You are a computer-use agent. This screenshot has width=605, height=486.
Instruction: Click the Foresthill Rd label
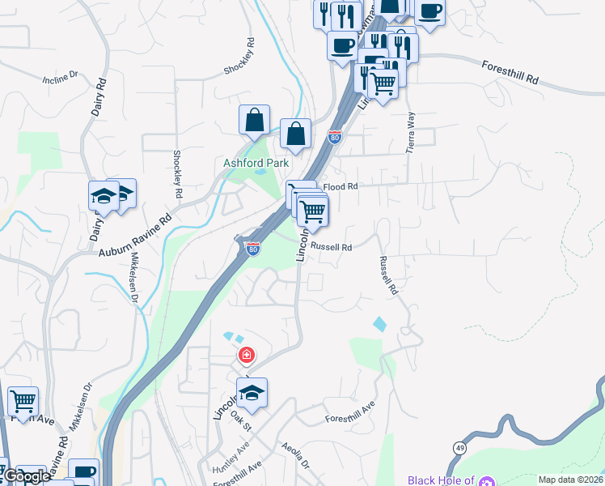point(510,72)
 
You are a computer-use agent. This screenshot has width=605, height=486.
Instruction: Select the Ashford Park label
point(256,163)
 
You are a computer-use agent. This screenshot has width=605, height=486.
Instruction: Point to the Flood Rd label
point(341,187)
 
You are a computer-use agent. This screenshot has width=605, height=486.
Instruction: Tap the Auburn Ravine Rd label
point(137,237)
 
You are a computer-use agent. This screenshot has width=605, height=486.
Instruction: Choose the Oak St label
point(241,421)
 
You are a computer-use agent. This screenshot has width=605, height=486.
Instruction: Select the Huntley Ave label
point(231,463)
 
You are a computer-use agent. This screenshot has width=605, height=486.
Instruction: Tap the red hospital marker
point(246,355)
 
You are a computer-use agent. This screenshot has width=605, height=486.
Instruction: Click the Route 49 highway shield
point(460,447)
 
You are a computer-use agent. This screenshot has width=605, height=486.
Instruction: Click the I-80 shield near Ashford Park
point(334,137)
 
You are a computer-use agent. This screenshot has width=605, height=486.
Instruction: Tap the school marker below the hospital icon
point(252,393)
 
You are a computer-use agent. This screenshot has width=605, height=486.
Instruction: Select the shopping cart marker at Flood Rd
point(311,211)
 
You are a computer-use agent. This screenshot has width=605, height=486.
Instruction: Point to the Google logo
point(26,476)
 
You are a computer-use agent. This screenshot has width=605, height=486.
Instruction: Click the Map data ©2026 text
point(569,480)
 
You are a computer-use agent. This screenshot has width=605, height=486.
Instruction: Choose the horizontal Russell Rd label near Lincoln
point(332,247)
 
